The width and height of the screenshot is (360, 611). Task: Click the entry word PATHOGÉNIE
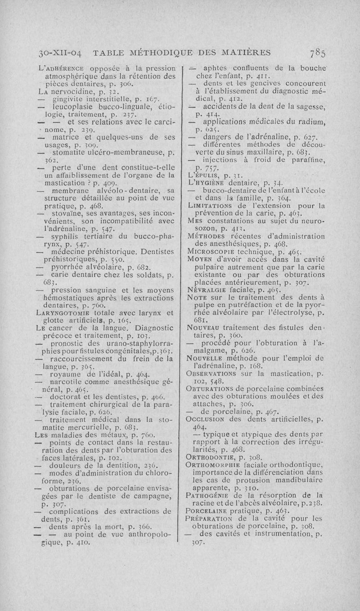coord(211,496)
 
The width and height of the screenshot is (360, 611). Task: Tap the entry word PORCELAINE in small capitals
coord(209,512)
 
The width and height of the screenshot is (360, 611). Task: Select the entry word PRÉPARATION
coord(211,520)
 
